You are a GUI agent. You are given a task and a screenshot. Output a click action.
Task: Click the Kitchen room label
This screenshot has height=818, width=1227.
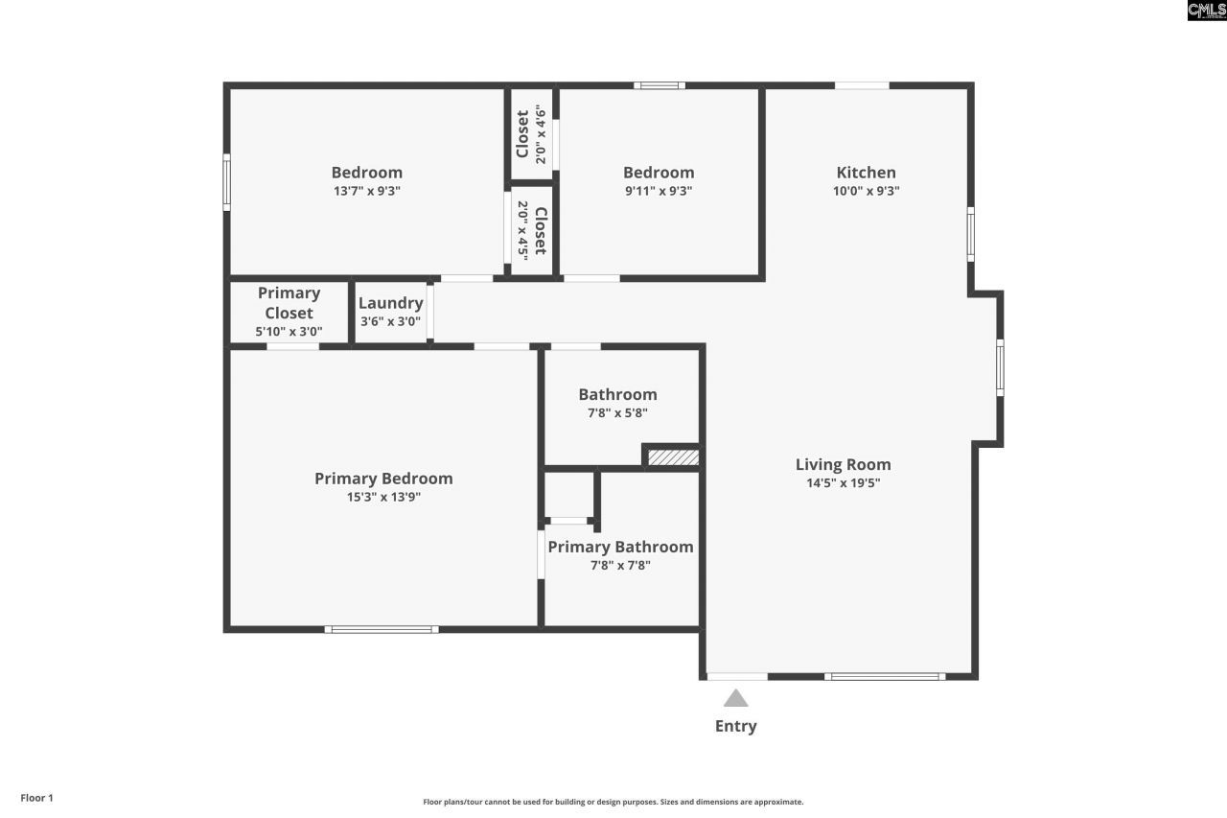[x=866, y=173]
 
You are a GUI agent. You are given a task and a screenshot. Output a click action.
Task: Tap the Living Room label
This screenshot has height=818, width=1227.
[x=843, y=465]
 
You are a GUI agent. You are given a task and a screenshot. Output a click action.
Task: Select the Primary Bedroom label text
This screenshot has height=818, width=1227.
[x=383, y=479]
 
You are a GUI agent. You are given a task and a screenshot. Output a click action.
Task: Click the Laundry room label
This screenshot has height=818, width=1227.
[x=390, y=303]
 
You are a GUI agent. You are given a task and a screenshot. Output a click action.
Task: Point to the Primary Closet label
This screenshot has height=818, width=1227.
[x=289, y=303]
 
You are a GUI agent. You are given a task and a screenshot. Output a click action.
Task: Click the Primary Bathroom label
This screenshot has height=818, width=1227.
[x=620, y=547]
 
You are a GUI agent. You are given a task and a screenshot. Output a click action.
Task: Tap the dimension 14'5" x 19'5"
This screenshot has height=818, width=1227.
[x=843, y=483]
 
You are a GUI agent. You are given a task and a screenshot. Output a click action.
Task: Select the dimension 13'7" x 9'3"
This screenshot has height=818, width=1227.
[x=366, y=191]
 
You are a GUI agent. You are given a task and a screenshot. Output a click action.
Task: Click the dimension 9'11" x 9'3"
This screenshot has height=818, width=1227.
[x=658, y=191]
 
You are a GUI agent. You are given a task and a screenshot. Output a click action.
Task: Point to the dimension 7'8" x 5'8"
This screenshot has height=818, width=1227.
[x=617, y=413]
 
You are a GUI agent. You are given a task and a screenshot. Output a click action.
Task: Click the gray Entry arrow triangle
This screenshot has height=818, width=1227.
[x=735, y=699]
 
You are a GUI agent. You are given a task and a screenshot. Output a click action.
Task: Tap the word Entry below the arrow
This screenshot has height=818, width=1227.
[x=735, y=726]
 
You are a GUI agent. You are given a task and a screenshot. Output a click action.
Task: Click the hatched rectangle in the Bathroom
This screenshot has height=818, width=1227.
[x=673, y=457]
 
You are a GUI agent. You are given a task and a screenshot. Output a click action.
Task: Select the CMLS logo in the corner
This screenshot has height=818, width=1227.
[x=1206, y=11]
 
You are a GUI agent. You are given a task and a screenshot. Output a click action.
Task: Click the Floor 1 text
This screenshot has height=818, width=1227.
[x=37, y=798]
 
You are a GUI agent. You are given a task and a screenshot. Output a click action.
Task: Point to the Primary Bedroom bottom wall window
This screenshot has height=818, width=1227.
[x=382, y=629]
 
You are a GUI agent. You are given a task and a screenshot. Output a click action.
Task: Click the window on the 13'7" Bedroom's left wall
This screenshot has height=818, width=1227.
[x=227, y=182]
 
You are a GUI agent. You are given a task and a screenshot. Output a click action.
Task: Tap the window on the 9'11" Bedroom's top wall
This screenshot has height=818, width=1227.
[x=660, y=85]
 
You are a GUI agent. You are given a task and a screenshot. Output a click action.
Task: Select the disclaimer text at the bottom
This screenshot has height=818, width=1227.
[x=613, y=802]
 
